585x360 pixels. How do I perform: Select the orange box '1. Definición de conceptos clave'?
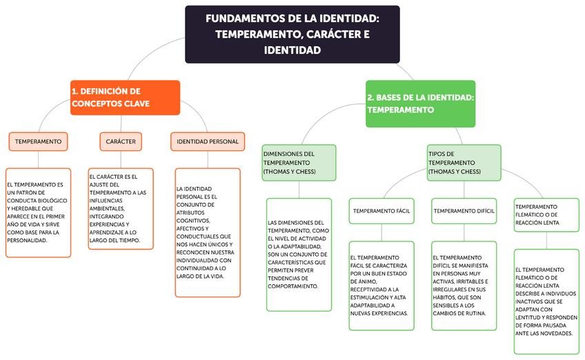coord(125,97)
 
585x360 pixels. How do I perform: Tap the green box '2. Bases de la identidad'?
coord(420,103)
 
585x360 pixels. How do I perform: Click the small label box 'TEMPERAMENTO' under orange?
coord(39,141)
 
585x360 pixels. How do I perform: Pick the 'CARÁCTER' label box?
coord(121,141)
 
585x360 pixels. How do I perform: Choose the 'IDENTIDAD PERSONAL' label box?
coord(208,141)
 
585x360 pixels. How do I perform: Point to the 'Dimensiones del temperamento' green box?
coord(299,163)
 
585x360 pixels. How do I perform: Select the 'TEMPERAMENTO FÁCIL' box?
coord(381,210)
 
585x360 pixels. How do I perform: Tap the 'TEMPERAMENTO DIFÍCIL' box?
coord(464,210)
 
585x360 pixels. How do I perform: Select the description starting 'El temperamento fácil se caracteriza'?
coord(381,286)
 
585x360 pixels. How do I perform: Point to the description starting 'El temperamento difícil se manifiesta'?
coord(464,286)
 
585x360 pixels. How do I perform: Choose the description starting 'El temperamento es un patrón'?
coord(39,212)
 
